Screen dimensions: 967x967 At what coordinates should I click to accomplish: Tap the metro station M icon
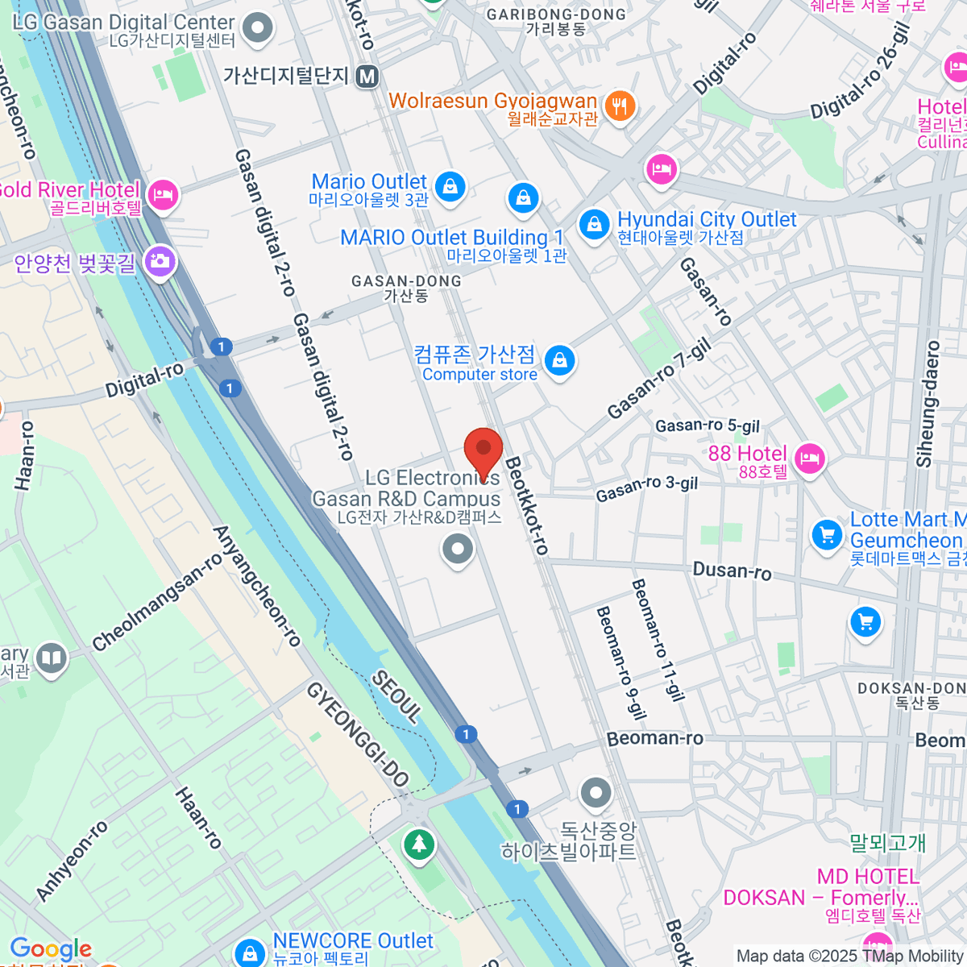coord(367,77)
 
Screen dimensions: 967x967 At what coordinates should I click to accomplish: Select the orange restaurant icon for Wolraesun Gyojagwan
coord(619,106)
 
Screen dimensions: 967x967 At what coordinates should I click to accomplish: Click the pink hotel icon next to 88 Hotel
coord(809,459)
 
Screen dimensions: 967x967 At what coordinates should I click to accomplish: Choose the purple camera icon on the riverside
coord(160,261)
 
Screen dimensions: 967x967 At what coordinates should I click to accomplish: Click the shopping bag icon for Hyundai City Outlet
coord(594,224)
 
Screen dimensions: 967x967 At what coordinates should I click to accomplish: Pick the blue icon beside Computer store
coord(559,360)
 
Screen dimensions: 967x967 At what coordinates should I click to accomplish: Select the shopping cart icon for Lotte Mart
coord(826,534)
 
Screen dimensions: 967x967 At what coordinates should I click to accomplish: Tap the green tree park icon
coord(418,845)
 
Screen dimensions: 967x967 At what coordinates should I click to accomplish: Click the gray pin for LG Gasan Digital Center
coord(258,28)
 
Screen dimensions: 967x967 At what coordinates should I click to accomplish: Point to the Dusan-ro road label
coord(732,571)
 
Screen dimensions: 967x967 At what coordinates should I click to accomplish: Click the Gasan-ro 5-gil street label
coord(707,425)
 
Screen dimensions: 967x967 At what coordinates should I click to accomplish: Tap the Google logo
coord(51,948)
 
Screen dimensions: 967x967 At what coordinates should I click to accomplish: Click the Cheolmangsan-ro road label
coord(156,603)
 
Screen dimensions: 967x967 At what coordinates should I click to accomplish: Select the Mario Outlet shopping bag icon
coord(450,187)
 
